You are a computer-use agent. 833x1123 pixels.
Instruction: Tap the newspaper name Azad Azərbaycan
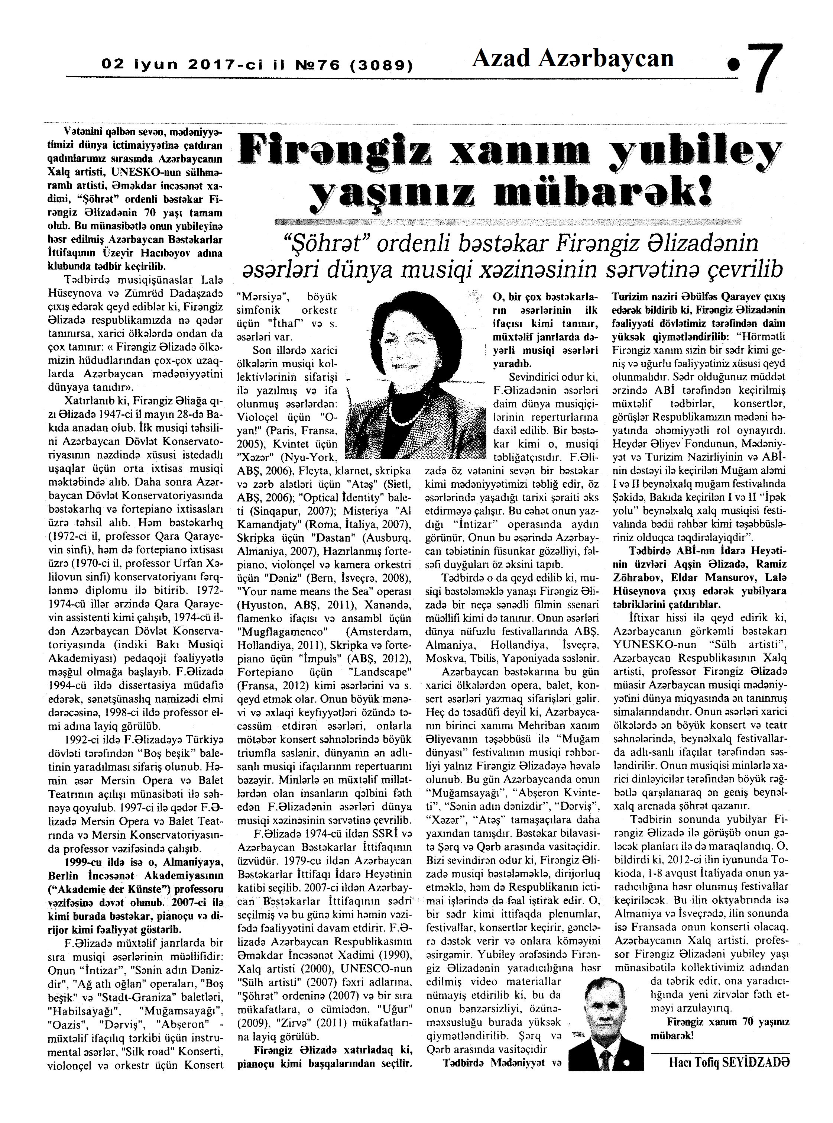pos(572,59)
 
